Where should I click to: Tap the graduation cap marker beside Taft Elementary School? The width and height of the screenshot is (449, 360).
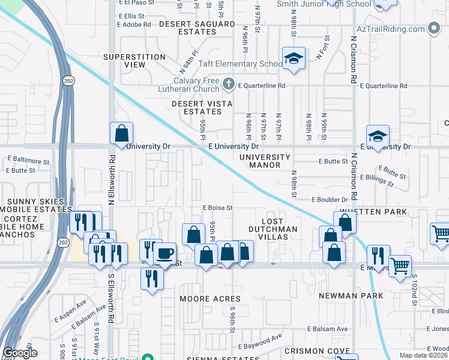(x=294, y=59)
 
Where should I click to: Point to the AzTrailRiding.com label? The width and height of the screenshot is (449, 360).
(x=390, y=29)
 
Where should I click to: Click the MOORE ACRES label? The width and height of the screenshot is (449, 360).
(x=211, y=298)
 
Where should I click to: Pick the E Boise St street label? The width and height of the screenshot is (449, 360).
(x=217, y=208)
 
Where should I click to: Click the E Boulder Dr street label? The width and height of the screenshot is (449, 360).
(x=330, y=200)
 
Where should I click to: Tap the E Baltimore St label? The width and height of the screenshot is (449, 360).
(x=29, y=161)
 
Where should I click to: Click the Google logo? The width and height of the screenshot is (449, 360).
(x=20, y=353)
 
